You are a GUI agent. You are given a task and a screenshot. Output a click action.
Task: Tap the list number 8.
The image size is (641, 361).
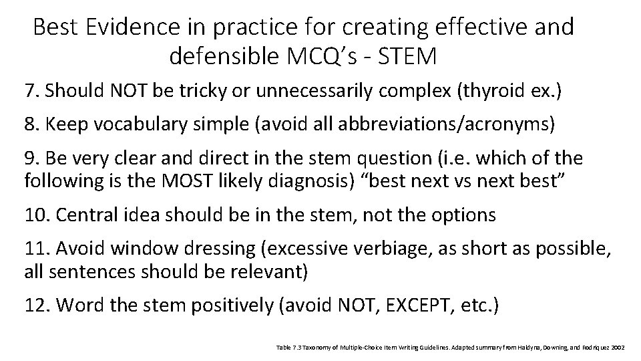coord(30,124)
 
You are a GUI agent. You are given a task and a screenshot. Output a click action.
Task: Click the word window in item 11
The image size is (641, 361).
coord(139,249)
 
